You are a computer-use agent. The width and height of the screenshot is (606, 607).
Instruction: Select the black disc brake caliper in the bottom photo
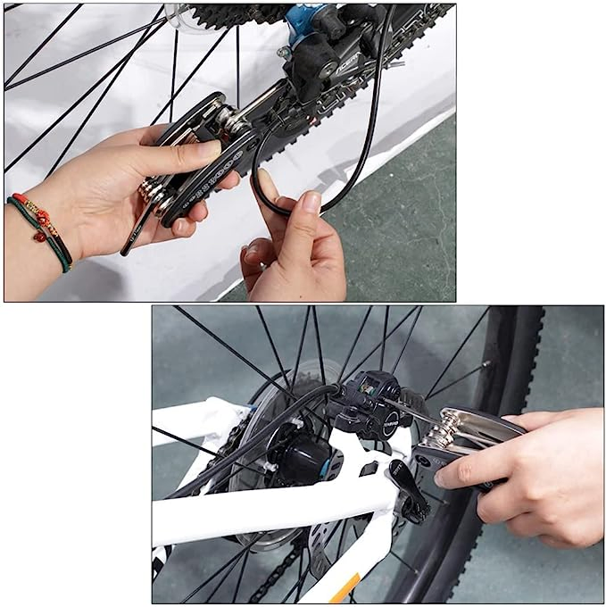[370, 406]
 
